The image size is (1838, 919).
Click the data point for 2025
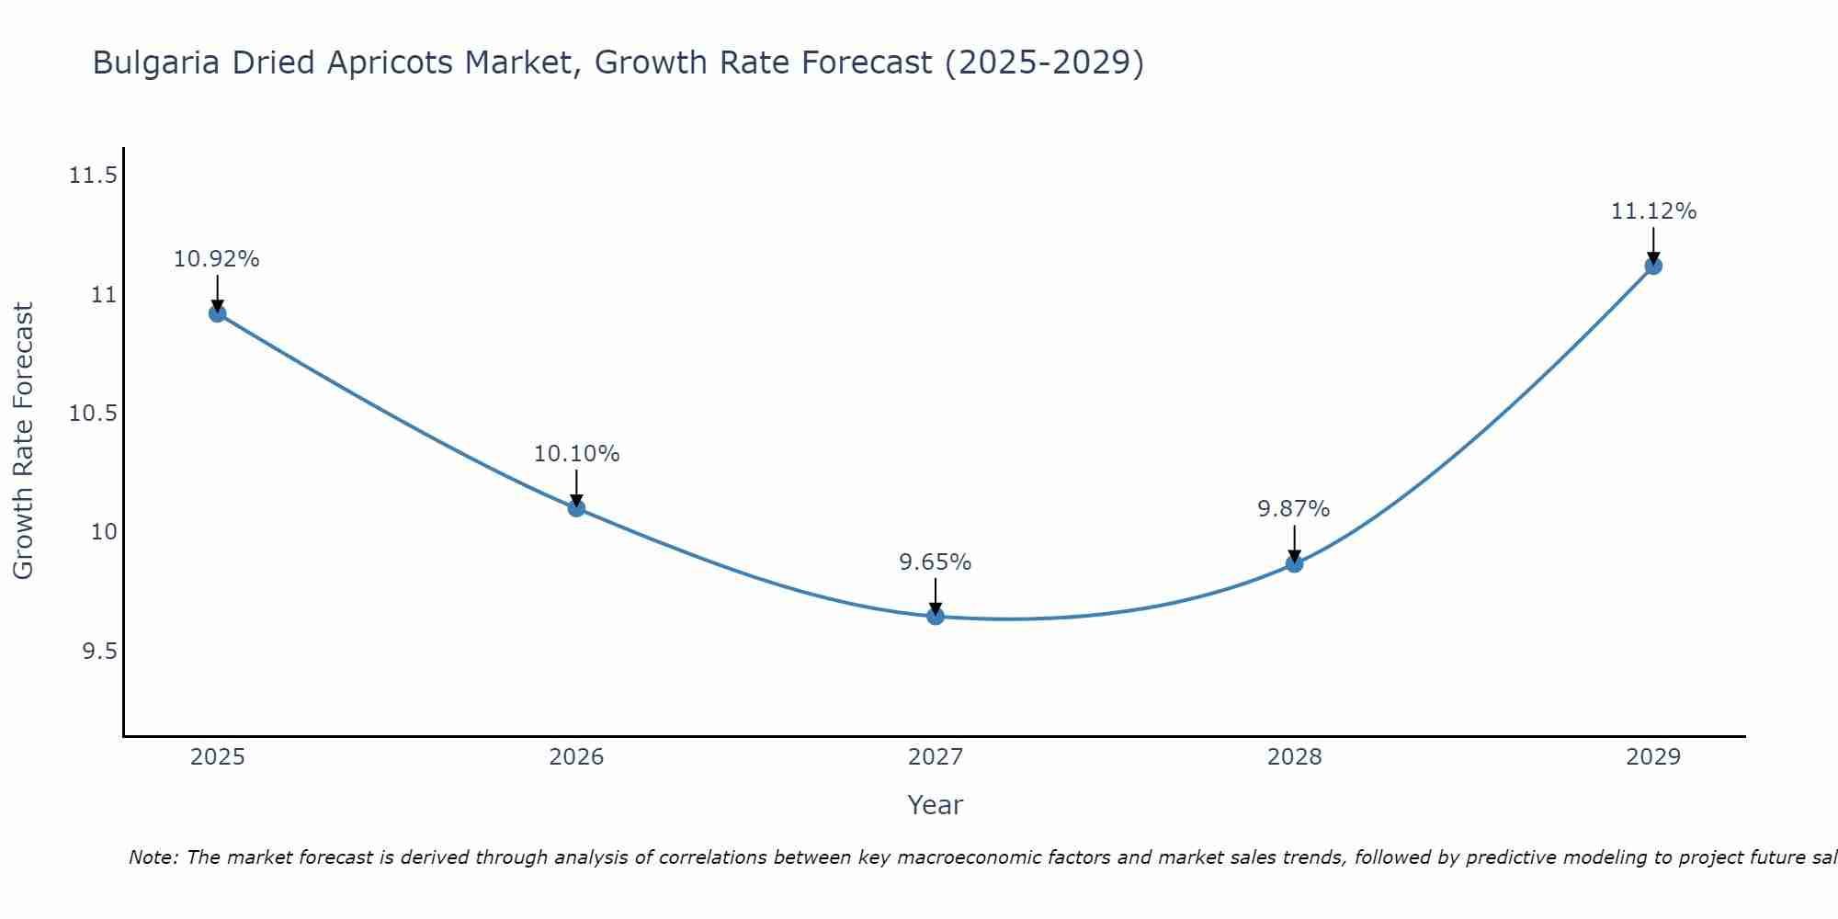(218, 313)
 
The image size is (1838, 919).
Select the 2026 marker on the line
(576, 507)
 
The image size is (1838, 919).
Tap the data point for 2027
(936, 616)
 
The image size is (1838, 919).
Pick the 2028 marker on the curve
(1294, 563)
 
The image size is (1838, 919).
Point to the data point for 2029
(1652, 266)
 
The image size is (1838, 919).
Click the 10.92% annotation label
(217, 259)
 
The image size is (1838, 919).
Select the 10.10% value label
(576, 454)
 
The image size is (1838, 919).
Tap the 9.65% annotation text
(936, 562)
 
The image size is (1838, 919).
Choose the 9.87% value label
(1294, 509)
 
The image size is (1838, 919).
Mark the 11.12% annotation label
(1653, 211)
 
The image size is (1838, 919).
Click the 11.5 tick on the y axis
(93, 176)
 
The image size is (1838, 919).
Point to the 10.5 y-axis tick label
(93, 414)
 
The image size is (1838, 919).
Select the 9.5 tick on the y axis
(99, 652)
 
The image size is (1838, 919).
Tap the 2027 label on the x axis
(936, 757)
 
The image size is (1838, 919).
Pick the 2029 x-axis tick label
(1652, 757)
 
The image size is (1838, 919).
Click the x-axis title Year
(936, 805)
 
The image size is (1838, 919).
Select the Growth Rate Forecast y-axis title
(23, 441)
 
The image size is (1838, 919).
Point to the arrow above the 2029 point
(1653, 244)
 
